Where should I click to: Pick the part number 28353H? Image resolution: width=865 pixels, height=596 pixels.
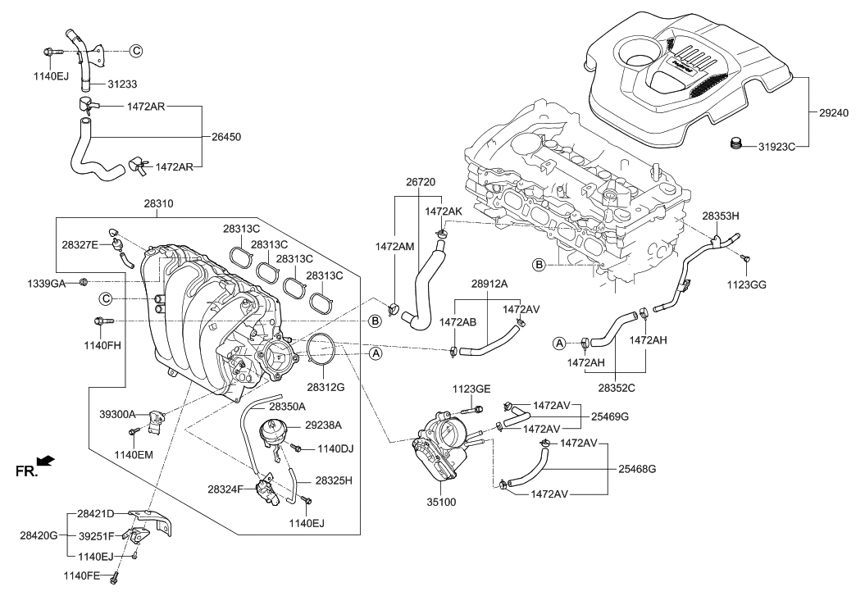point(721,216)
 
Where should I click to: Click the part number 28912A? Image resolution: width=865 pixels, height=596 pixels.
point(489,284)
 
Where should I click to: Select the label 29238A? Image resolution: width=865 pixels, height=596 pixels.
point(324,425)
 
